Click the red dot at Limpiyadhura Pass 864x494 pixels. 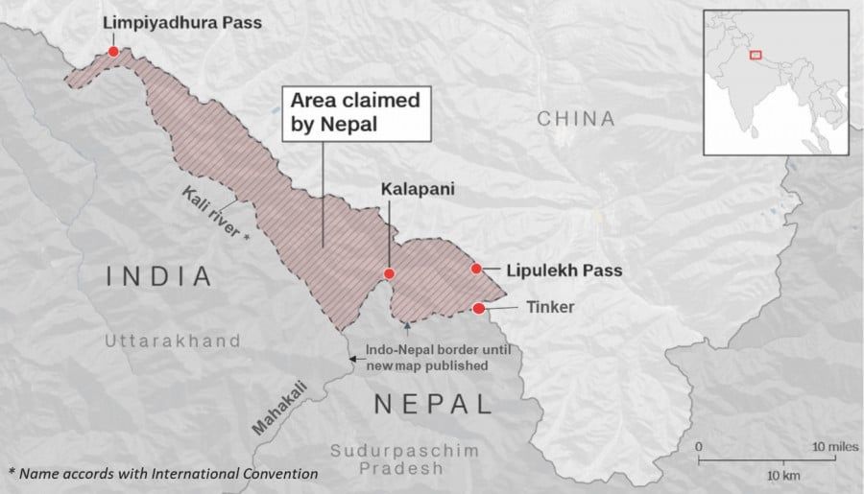click(114, 51)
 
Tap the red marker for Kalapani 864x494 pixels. click(389, 273)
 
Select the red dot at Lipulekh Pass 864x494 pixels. click(476, 270)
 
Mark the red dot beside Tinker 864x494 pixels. click(479, 308)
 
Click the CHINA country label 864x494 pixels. click(576, 119)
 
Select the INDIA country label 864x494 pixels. click(159, 277)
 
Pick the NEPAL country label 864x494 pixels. click(432, 404)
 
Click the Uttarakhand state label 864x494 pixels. click(173, 341)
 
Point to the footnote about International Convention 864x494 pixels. click(163, 474)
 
